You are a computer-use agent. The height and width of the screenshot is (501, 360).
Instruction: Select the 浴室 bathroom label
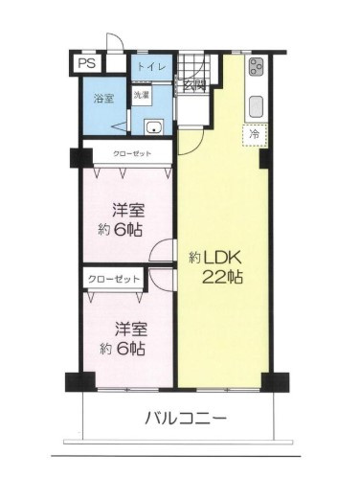pos(103,98)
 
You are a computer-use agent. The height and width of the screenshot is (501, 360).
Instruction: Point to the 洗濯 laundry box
pos(141,95)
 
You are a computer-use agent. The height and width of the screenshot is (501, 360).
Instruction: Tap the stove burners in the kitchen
pos(257,67)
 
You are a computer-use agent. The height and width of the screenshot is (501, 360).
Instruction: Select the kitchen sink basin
pos(257,103)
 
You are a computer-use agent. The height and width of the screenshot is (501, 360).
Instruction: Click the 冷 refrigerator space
pos(255,136)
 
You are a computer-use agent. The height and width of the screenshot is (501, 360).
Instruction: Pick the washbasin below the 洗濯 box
pos(152,127)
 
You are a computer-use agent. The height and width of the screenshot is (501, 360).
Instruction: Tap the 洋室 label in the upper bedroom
pos(127,209)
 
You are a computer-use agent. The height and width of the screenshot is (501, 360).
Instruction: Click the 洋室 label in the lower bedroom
pos(127,329)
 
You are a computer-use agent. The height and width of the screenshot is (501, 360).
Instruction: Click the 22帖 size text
pos(222,278)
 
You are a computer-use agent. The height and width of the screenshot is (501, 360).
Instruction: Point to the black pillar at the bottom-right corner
pos(274,380)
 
